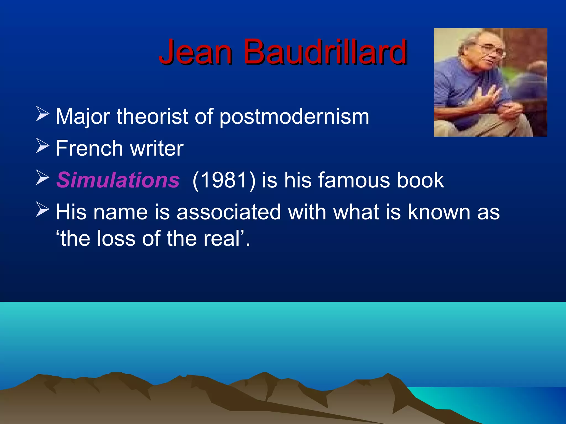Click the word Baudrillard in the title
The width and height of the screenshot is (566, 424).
[x=325, y=52]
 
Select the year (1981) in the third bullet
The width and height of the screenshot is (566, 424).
[x=224, y=180]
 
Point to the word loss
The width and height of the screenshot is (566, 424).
[x=116, y=239]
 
